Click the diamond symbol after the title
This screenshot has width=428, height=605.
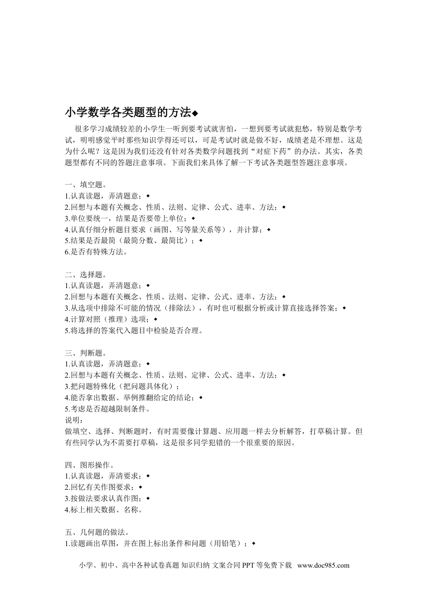click(195, 113)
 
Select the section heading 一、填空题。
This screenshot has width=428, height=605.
click(86, 185)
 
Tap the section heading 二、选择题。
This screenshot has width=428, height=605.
click(86, 274)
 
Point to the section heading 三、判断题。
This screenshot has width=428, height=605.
click(86, 352)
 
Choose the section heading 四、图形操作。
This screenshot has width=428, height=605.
click(89, 465)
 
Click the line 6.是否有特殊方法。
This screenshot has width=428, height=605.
click(96, 252)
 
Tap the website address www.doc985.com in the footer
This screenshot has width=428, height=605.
click(323, 566)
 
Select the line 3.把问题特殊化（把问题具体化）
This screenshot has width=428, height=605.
click(122, 386)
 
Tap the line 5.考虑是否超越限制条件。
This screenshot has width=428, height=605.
click(107, 409)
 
